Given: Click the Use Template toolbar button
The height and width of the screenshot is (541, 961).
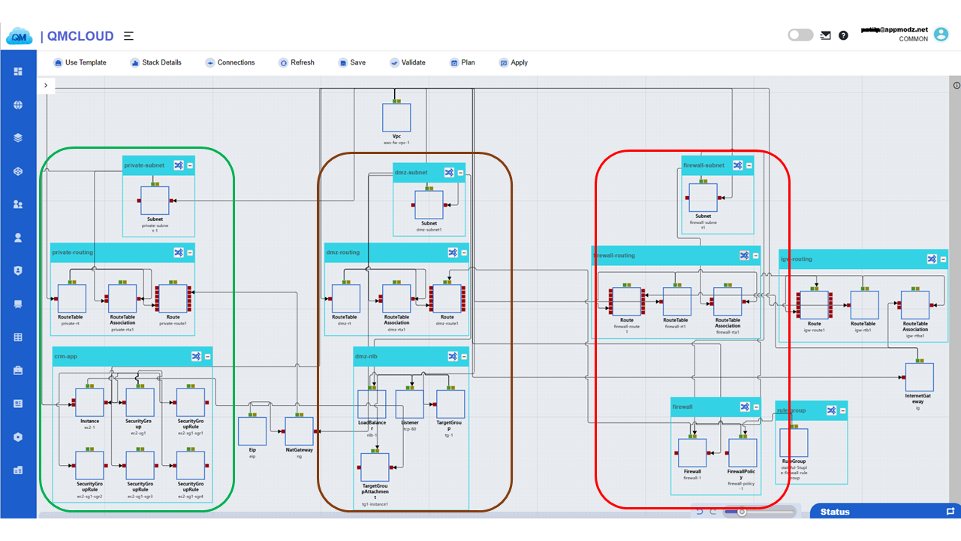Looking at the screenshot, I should coord(79,62).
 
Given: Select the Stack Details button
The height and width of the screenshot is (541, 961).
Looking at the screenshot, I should coord(155,62).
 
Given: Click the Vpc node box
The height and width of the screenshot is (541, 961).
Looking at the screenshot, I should coord(396,118).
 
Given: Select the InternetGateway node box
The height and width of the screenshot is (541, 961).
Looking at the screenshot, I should coord(919,377).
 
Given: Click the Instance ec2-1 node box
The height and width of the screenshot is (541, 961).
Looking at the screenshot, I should coord(89,403).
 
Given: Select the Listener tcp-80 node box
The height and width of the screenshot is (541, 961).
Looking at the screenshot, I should coord(410,404).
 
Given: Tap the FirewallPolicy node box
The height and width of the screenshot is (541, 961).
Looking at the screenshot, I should coord(743,453).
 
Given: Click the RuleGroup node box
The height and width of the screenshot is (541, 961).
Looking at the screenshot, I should coord(794,443).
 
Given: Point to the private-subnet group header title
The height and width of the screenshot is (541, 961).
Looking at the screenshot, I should coord(144,165).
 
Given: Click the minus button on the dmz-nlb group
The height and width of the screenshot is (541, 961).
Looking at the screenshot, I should coord(464,357).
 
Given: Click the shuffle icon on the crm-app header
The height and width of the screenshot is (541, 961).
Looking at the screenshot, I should coord(196,357).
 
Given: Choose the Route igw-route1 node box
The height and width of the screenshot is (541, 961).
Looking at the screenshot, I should coord(814,305).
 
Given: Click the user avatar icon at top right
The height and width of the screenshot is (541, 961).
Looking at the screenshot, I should coord(941,34).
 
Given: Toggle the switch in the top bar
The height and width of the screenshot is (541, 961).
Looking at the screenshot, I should coord(800,35).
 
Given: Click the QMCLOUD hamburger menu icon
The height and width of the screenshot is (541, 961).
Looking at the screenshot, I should coord(129,36).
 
